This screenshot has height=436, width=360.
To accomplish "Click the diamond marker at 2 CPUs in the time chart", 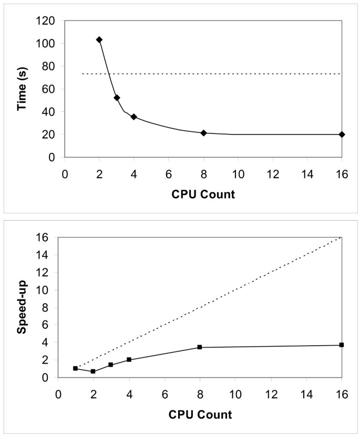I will click(x=99, y=40).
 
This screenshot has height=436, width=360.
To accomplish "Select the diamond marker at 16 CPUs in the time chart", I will click(x=342, y=134).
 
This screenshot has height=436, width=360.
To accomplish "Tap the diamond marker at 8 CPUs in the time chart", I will click(x=203, y=133).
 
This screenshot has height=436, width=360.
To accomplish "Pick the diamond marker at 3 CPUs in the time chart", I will click(x=117, y=98).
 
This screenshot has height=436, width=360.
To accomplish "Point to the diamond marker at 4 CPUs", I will click(x=134, y=117).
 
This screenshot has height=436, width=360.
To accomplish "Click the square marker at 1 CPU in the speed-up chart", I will click(x=76, y=368).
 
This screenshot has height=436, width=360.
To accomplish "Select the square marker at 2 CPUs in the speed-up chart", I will click(x=93, y=371).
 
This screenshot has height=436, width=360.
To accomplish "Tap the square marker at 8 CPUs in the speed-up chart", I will click(x=200, y=347).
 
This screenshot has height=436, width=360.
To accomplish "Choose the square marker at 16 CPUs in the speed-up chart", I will click(x=342, y=345).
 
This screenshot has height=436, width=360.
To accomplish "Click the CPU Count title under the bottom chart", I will click(x=200, y=414).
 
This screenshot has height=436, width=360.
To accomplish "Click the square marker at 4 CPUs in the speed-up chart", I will click(x=129, y=360).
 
